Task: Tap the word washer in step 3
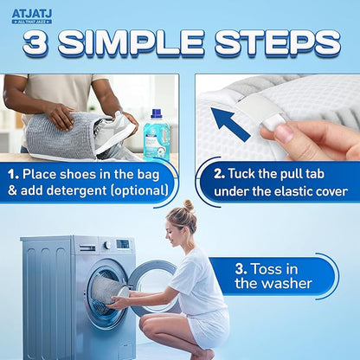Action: click(282, 286)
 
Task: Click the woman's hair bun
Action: click(189, 206)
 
